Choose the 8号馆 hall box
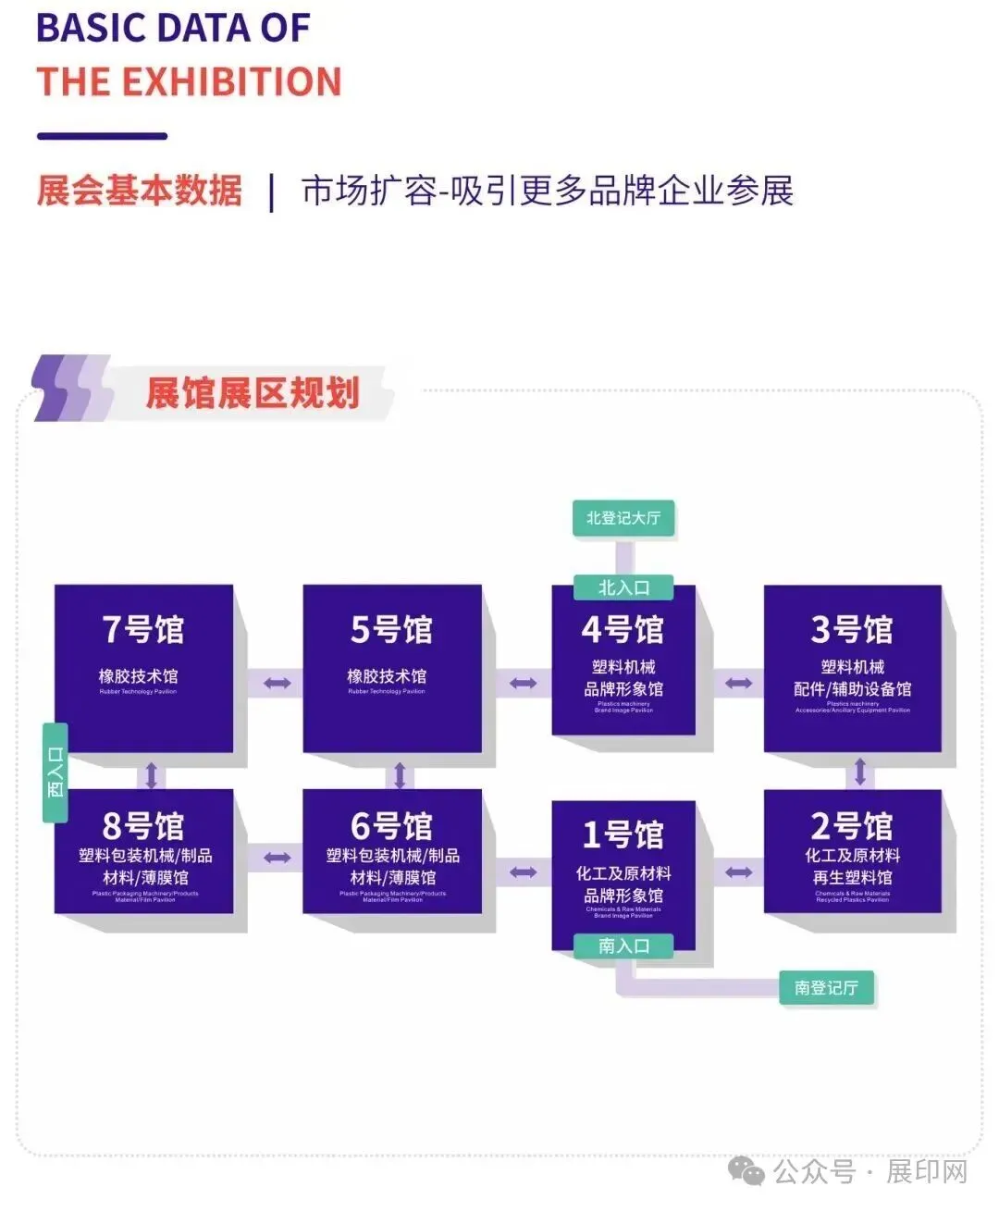(x=143, y=851)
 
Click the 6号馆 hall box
(x=391, y=851)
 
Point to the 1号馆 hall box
(x=623, y=870)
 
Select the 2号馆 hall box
(x=852, y=851)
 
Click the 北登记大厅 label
(x=623, y=518)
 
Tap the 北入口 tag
(x=623, y=587)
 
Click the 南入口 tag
(x=623, y=945)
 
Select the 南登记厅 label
(x=826, y=988)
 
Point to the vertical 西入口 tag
(x=55, y=772)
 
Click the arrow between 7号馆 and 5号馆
(x=277, y=684)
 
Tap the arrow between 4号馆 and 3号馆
(x=738, y=684)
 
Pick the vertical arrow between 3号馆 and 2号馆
(x=859, y=772)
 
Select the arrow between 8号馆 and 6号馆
(x=277, y=858)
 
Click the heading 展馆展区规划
(x=252, y=393)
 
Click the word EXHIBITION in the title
(x=232, y=82)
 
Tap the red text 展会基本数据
(x=139, y=191)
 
